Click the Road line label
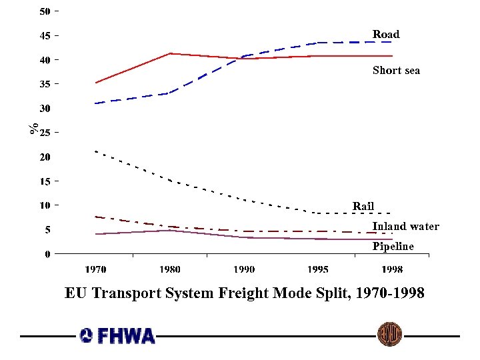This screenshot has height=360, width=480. click(x=385, y=34)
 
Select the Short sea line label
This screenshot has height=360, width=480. click(x=396, y=70)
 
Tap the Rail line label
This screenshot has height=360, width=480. click(x=363, y=206)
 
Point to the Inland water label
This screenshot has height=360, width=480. click(x=405, y=226)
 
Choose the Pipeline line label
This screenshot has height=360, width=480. click(x=393, y=246)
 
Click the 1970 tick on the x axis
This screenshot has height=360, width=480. click(x=95, y=269)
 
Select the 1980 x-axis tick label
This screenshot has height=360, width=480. click(x=170, y=269)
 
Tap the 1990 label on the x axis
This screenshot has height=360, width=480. click(x=244, y=269)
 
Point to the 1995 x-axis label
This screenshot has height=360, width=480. click(x=318, y=269)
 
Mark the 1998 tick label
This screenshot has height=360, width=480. click(x=392, y=269)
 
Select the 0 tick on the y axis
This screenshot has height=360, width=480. click(x=48, y=253)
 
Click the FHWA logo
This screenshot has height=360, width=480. click(x=117, y=335)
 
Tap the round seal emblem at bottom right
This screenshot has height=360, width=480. click(x=389, y=334)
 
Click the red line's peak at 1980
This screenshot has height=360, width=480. click(x=170, y=53)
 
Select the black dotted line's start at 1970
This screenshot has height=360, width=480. click(x=96, y=151)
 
